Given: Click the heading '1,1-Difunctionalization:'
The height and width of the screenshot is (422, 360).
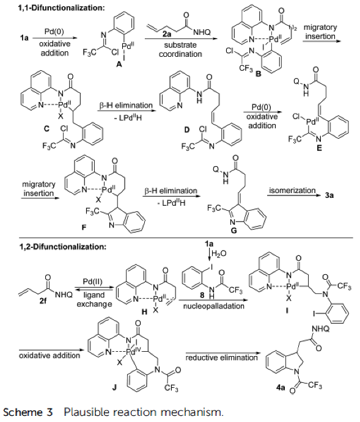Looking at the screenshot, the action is coord(61,7).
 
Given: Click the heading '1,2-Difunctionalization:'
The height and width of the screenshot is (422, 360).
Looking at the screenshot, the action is coord(63,247).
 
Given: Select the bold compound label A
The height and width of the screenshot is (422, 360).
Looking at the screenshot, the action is coord(119,65).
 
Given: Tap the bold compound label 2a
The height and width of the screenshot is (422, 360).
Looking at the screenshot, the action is coord(167,34).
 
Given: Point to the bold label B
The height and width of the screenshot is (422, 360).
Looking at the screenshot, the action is coord(258,73).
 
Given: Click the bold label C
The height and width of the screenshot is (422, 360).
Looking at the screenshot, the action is coord(47,129).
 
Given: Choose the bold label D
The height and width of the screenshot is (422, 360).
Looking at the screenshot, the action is coord(187,129).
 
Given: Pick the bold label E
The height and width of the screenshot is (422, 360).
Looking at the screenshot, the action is coord(319,148).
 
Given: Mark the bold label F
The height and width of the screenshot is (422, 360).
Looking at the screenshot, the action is coord(84,228).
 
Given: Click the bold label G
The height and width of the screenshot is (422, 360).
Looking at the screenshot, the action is coord(234,231).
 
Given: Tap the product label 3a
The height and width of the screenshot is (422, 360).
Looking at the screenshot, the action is coord(329,195).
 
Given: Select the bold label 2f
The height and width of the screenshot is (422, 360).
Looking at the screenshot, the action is coord(43,300).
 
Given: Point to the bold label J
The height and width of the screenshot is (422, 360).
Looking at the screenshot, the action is coord(114,388).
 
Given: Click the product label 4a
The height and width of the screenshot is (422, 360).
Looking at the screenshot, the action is coord(281,387).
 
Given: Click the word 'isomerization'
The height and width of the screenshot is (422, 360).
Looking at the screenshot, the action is coord(292,191).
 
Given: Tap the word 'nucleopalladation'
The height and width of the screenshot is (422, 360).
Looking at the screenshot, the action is coord(214,306).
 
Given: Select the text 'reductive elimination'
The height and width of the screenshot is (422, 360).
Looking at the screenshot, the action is coord(222,358).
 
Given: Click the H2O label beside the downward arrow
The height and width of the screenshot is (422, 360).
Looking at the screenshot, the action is coord(219,253).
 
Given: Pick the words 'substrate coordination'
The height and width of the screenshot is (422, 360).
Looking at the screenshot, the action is coord(180,49).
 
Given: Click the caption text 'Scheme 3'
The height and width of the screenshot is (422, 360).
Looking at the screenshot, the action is coord(28,412).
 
